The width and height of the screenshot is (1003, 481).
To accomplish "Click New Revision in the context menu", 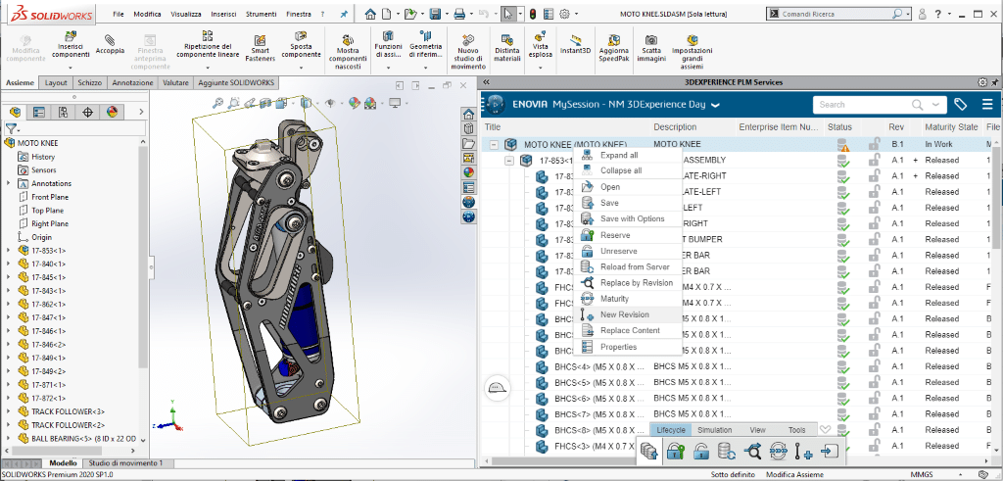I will tap(624, 314).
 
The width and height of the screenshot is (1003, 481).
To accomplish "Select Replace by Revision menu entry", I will tap(636, 282).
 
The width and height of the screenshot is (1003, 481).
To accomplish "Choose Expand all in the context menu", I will tap(619, 155).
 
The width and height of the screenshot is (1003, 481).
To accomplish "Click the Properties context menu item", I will tap(618, 347).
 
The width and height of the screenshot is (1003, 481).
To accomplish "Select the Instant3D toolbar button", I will tap(575, 47).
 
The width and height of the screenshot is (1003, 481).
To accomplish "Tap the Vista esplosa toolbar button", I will tap(541, 46).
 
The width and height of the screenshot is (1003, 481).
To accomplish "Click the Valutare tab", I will tap(175, 83).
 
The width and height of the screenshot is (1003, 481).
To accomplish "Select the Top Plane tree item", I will tap(49, 211).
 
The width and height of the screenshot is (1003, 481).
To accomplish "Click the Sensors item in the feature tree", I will tap(44, 170).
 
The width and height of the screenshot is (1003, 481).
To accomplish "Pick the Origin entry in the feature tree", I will tap(41, 237).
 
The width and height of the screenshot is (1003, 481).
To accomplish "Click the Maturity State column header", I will tap(950, 127).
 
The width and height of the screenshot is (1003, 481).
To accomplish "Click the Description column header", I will tap(675, 127).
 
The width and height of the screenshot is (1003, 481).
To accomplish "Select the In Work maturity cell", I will tap(940, 144).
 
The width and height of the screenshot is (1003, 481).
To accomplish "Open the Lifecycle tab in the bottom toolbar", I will tap(671, 430).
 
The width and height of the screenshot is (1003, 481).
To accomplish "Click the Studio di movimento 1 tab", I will tap(126, 462).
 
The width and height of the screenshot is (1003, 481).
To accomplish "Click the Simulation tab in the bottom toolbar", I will tap(715, 430).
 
